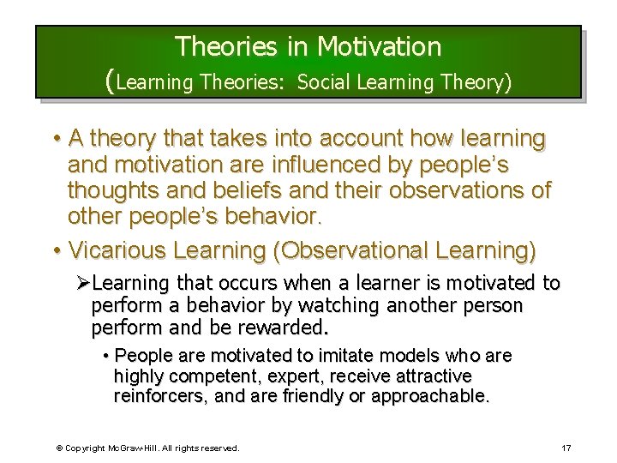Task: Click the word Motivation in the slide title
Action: pos(379,45)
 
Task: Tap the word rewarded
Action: pos(282,328)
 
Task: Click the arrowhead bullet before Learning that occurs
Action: pos(83,284)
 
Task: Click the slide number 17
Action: pos(566,448)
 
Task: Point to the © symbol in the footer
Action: pos(59,448)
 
